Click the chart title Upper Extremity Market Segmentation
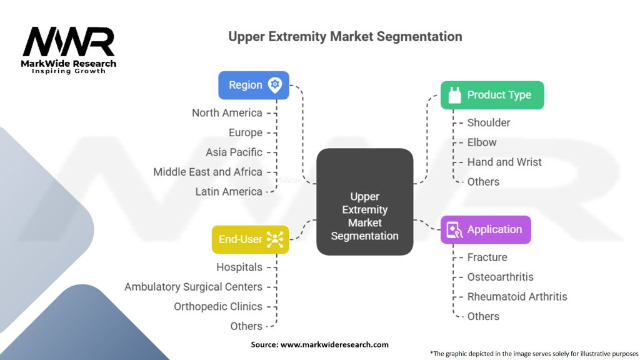[x=345, y=36]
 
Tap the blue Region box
[x=254, y=85]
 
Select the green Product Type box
[x=492, y=95]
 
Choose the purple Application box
[x=486, y=229]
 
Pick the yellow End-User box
[x=250, y=239]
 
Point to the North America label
[x=227, y=113]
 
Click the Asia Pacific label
[x=234, y=152]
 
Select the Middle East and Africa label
[x=207, y=172]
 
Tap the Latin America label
[x=229, y=192]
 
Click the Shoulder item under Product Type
[x=489, y=122]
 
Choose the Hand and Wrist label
[x=504, y=162]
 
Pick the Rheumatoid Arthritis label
[x=517, y=296]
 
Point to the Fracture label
[x=487, y=257]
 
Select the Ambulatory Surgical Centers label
[x=193, y=287]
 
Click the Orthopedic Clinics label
[x=218, y=306]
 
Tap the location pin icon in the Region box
[x=274, y=85]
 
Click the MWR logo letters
[x=69, y=42]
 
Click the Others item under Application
[x=483, y=316]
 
